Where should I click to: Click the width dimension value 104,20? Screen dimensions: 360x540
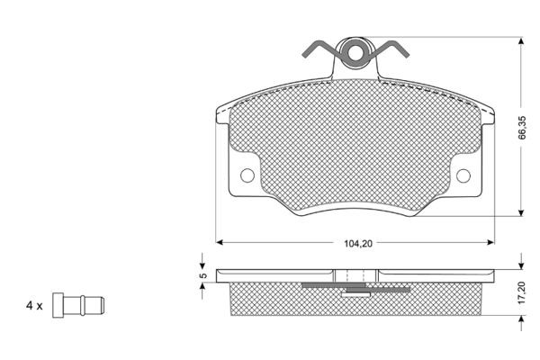tap(358, 243)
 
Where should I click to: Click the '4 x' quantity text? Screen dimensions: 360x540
tap(34, 306)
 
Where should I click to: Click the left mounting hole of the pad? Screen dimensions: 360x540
tap(247, 175)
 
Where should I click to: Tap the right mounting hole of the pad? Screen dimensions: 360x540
tap(463, 175)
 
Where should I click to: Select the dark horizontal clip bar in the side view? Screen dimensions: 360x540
tap(356, 285)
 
